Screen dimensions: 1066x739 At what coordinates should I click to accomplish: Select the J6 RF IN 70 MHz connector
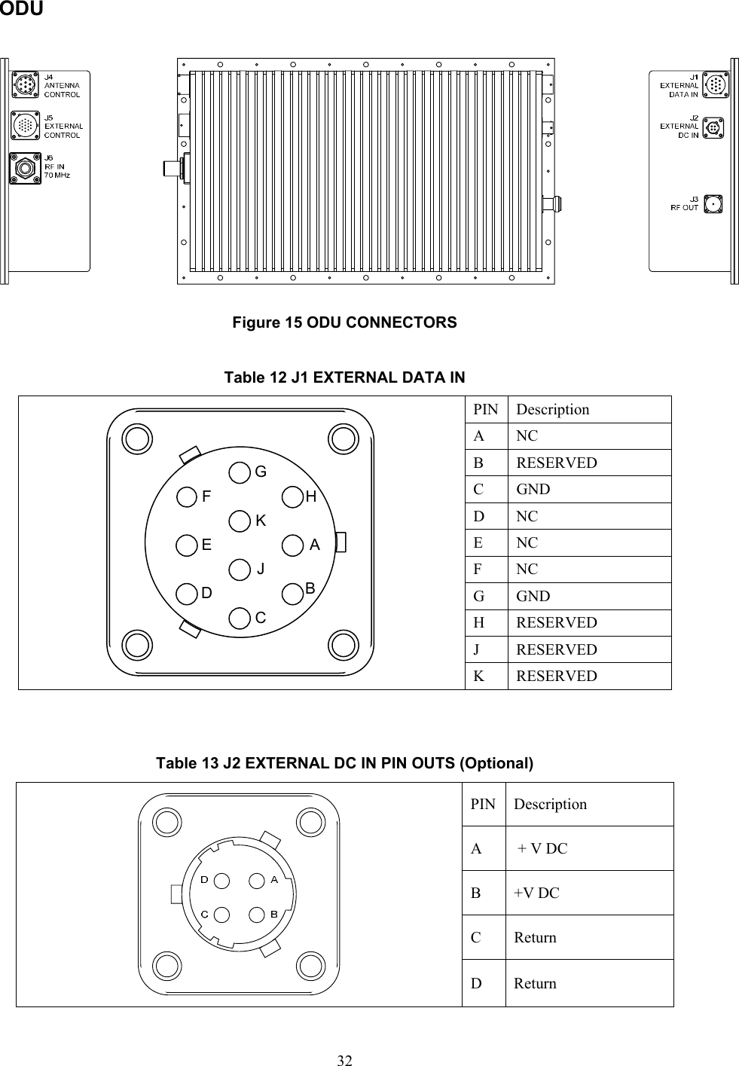tap(25, 167)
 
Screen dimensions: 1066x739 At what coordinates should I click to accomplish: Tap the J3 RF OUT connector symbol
tap(712, 203)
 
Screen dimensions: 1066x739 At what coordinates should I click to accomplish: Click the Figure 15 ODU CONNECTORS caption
tap(344, 322)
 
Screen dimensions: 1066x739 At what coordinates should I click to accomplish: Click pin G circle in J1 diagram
tap(240, 472)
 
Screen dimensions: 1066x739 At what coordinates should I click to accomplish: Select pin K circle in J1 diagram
tap(240, 521)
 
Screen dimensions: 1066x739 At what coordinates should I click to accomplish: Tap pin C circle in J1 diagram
tap(240, 618)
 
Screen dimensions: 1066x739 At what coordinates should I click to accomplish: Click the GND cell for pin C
tap(533, 490)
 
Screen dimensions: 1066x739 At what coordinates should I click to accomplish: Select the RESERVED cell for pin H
tap(557, 623)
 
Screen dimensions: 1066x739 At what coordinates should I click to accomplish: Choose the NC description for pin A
tap(527, 436)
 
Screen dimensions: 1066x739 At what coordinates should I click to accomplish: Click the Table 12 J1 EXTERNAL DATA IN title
tap(344, 377)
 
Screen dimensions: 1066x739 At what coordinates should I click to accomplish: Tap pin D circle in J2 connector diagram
tap(221, 880)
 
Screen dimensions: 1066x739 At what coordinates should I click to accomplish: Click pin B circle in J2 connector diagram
tap(258, 914)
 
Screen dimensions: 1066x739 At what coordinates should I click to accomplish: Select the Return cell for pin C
tap(535, 938)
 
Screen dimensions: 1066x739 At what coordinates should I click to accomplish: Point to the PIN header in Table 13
tap(483, 804)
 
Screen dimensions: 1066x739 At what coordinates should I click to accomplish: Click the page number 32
tap(344, 1061)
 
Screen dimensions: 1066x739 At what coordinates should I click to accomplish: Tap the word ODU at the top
tap(21, 9)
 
